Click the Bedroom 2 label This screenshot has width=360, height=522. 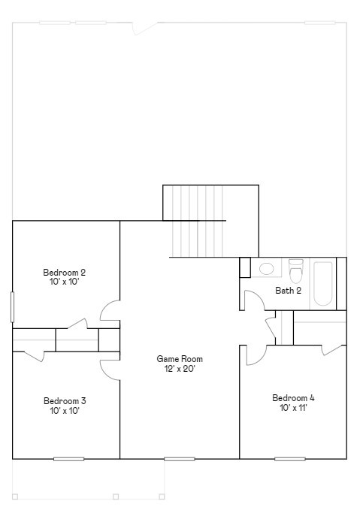[x=64, y=272]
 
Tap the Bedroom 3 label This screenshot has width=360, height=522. [x=64, y=400]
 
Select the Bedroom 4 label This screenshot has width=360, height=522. [x=293, y=397]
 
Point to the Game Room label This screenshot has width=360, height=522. [x=180, y=359]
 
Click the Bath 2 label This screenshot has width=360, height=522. [x=288, y=291]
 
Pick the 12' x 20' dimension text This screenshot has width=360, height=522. [x=180, y=369]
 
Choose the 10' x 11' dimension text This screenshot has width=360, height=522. [x=293, y=408]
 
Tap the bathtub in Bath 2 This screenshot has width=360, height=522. [x=323, y=283]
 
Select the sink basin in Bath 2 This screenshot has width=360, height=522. [x=266, y=268]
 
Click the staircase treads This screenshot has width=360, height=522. [x=198, y=222]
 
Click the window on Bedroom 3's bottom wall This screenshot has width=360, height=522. [x=68, y=458]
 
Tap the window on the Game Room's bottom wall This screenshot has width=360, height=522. [x=179, y=458]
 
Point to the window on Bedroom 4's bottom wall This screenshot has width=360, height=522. [x=289, y=458]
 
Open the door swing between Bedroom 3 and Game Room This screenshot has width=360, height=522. [x=110, y=367]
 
